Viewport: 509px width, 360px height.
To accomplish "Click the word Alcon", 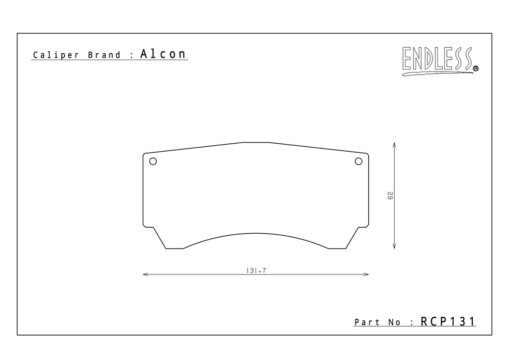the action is click(x=163, y=54).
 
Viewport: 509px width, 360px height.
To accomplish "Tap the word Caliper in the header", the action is click(x=56, y=55).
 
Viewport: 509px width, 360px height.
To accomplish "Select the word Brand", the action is click(x=104, y=55).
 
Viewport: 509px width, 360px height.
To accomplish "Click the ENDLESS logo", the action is click(x=440, y=61).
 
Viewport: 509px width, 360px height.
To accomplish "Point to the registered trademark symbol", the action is click(x=476, y=69).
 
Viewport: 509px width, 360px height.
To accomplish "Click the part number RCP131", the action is click(x=448, y=321).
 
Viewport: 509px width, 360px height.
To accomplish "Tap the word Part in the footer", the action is click(x=367, y=322).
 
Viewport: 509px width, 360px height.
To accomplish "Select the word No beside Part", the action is click(x=394, y=322).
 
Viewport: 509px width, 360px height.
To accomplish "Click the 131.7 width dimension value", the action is click(x=256, y=270).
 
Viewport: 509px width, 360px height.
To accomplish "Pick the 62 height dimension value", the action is click(x=390, y=195).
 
